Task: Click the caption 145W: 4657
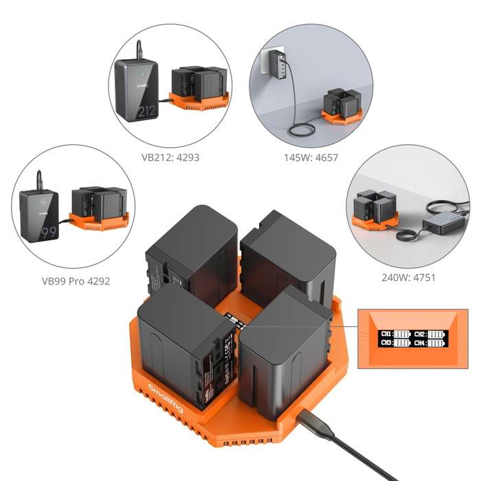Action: click(x=311, y=157)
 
